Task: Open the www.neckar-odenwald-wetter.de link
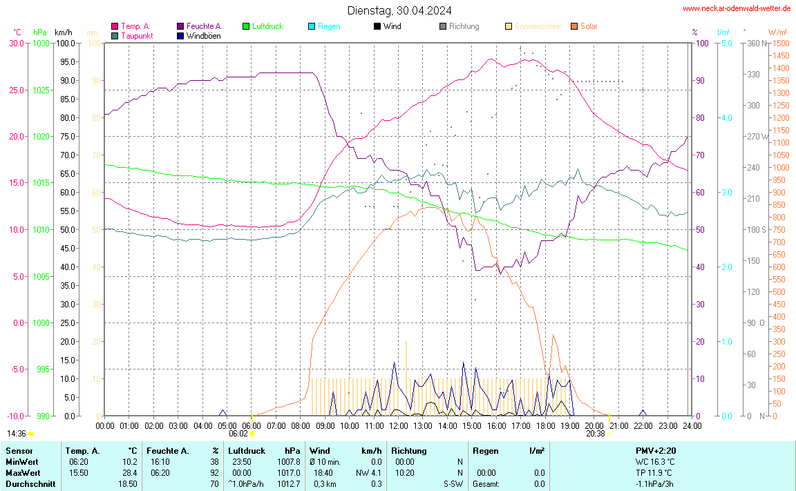(x=736, y=8)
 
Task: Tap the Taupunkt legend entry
(x=137, y=35)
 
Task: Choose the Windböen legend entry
(x=204, y=35)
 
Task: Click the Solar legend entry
(x=589, y=26)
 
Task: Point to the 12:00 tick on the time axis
(x=399, y=425)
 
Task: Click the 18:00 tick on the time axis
(x=545, y=425)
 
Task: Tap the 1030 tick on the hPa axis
(x=41, y=43)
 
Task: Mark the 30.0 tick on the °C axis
(x=16, y=43)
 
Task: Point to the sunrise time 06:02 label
(x=238, y=434)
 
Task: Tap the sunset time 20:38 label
(x=595, y=434)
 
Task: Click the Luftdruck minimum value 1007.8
(x=289, y=461)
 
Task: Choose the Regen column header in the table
(x=485, y=450)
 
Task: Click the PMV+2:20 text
(x=656, y=450)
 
